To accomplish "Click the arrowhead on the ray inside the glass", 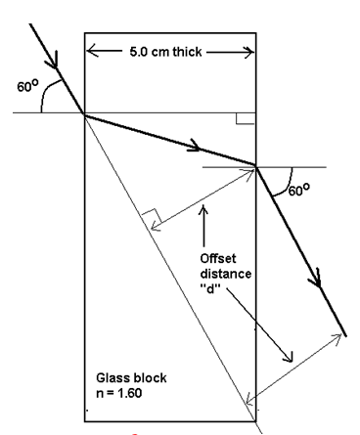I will (x=199, y=149).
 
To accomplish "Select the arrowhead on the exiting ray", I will (x=315, y=280).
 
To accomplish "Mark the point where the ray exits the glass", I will (x=256, y=165).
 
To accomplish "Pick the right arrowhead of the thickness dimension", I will (x=250, y=50).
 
